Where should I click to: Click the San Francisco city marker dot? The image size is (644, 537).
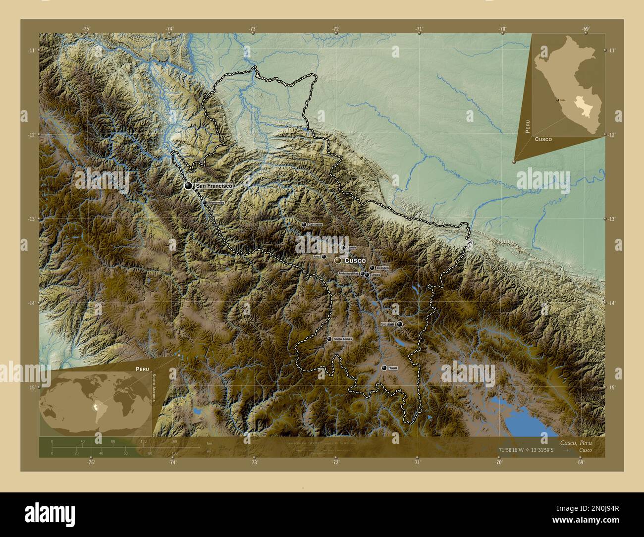(188, 185)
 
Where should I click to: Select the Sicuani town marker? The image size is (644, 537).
(399, 324)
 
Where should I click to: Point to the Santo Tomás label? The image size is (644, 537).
(343, 339)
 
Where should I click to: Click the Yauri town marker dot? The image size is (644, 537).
(384, 368)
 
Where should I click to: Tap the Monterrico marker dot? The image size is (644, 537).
(205, 203)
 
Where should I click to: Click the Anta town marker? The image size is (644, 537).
(324, 257)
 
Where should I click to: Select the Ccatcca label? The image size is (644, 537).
(382, 268)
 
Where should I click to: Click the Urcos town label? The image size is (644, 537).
(375, 274)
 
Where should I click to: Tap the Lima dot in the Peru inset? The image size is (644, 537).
(558, 100)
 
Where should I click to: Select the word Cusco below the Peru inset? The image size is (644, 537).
(543, 140)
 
